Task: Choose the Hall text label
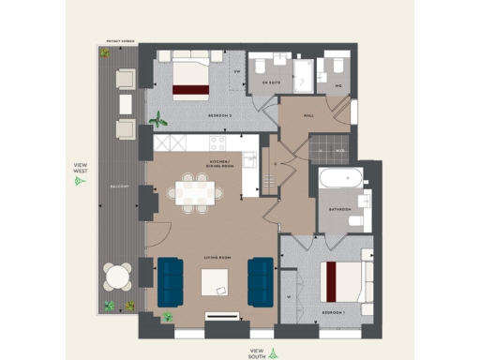(x=308, y=117)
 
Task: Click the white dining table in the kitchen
(x=196, y=193)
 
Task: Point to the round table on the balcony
(x=118, y=277)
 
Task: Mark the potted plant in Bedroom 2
(x=159, y=120)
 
